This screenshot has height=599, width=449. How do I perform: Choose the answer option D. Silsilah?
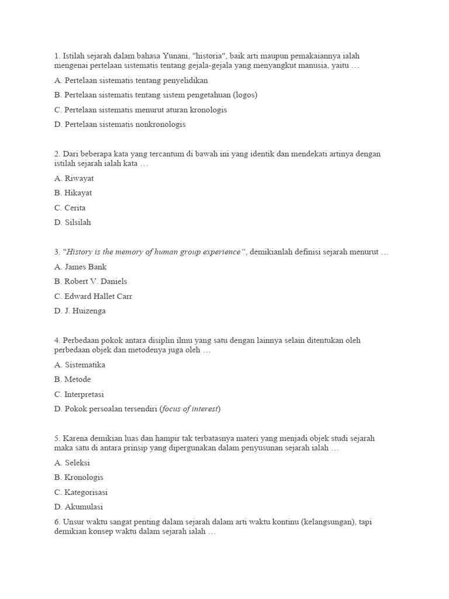click(72, 222)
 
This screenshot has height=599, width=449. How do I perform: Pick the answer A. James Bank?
click(81, 266)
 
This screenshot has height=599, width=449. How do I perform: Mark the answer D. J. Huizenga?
click(81, 311)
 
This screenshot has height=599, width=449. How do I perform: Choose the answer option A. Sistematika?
click(80, 364)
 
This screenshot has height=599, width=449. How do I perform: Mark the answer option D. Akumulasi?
click(78, 507)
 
